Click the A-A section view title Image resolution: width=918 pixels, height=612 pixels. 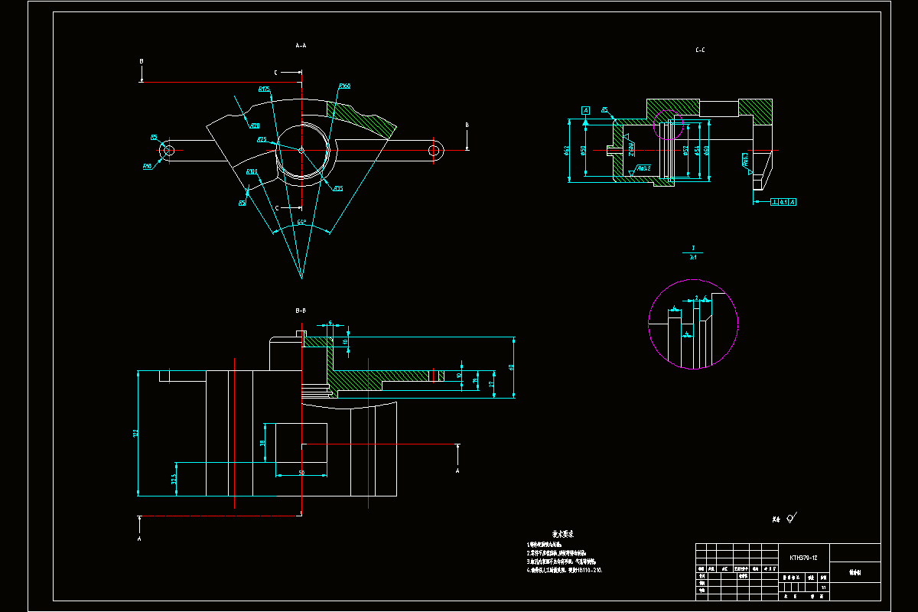pos(301,46)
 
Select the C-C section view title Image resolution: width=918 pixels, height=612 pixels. pos(700,50)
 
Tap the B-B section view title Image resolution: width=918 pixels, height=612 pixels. pos(301,311)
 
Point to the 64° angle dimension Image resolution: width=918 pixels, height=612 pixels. pos(301,223)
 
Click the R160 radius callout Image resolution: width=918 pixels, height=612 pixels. pos(344,86)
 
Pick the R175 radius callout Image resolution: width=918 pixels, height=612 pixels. pos(265,90)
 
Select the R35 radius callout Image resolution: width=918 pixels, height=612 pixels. pos(338,188)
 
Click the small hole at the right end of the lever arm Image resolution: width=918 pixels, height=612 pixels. pos(434,151)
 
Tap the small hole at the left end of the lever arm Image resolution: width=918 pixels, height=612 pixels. pos(168,151)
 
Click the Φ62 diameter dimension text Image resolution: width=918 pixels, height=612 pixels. pos(567,151)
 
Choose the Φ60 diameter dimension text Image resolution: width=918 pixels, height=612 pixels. pos(706,151)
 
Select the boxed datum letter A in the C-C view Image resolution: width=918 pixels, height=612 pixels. pos(586,111)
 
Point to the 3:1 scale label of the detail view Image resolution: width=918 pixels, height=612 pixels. pos(693,258)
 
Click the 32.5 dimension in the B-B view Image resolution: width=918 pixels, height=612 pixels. pos(174,479)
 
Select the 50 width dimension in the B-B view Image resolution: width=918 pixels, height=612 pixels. pos(301,473)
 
